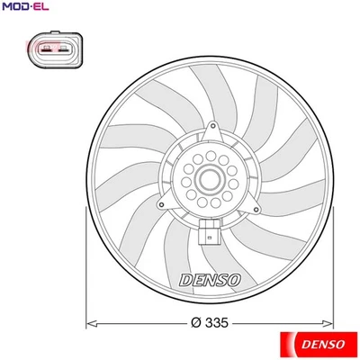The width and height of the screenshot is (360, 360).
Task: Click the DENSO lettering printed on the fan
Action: pos(210,280)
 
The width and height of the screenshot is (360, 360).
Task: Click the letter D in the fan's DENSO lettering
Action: pos(186,280)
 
